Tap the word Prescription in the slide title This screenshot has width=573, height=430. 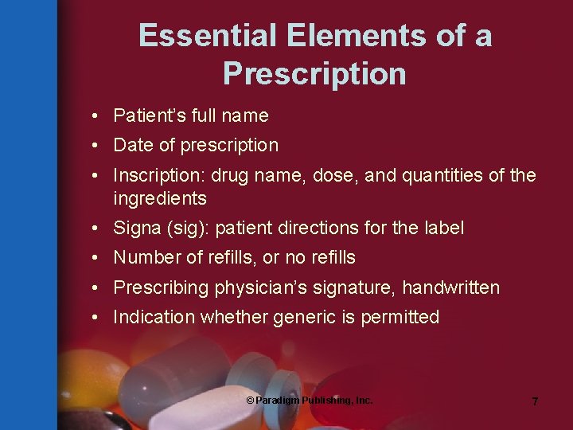pos(314,74)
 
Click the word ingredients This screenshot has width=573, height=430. pos(160,198)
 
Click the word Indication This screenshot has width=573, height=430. pos(154,318)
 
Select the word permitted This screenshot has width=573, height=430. pos(400,318)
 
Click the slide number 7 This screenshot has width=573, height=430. pos(535,401)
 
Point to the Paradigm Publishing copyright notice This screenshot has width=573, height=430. pos(309,400)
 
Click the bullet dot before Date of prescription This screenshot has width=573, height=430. pos(94,146)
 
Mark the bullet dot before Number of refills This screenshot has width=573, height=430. pos(94,258)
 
